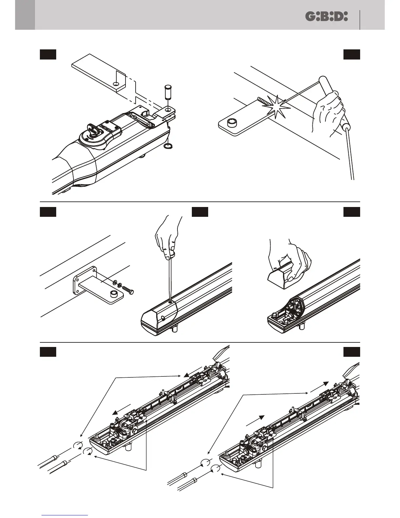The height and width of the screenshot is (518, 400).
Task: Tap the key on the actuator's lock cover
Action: pyautogui.click(x=93, y=129)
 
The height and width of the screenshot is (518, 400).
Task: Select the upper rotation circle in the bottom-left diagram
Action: pyautogui.click(x=78, y=445)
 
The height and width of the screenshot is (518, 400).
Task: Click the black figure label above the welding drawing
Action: pyautogui.click(x=352, y=55)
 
